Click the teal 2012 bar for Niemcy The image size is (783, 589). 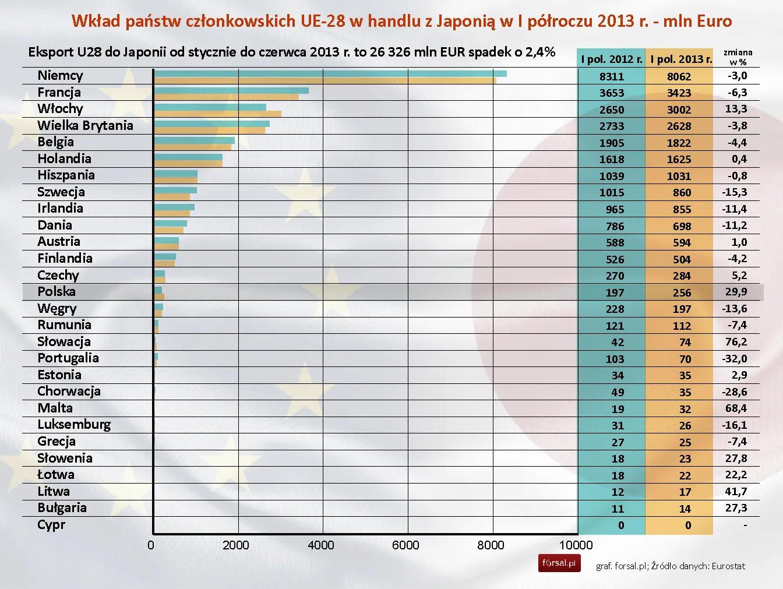[x=330, y=73]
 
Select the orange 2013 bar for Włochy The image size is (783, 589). [x=218, y=114]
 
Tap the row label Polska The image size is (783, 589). [x=57, y=292]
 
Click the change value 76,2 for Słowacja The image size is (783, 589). [x=736, y=342]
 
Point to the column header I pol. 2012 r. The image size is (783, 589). [x=612, y=59]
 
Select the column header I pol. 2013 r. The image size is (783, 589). [x=680, y=59]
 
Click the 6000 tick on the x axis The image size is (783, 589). [x=405, y=545]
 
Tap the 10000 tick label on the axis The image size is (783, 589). [x=576, y=545]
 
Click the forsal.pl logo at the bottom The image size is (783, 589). [x=559, y=563]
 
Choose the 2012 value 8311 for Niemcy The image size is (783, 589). [x=612, y=76]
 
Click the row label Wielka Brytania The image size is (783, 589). [x=85, y=126]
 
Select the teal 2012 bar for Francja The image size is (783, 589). [x=231, y=90]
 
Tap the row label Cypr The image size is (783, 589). [x=51, y=525]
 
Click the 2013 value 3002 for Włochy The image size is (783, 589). [x=679, y=110]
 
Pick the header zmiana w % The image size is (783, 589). [x=738, y=57]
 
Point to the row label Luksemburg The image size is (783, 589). [x=74, y=425]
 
